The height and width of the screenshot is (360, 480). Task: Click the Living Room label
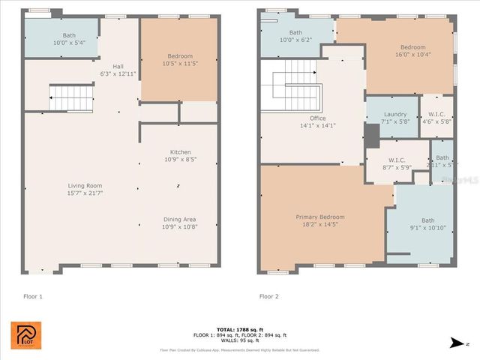pyautogui.click(x=85, y=185)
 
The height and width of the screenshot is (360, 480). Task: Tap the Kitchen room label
pyautogui.click(x=180, y=152)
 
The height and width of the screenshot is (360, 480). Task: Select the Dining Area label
pyautogui.click(x=180, y=219)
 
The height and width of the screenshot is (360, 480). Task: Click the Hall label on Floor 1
pyautogui.click(x=118, y=66)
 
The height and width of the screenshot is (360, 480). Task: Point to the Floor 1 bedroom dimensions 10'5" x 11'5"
pyautogui.click(x=180, y=64)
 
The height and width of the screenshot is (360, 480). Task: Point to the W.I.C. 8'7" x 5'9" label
pyautogui.click(x=397, y=160)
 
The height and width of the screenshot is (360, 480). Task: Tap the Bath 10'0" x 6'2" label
pyautogui.click(x=296, y=33)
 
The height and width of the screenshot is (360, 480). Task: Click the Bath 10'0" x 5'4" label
pyautogui.click(x=70, y=35)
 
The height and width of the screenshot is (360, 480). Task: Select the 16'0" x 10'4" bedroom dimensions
pyautogui.click(x=412, y=55)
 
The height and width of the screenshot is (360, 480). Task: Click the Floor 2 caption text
pyautogui.click(x=269, y=296)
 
